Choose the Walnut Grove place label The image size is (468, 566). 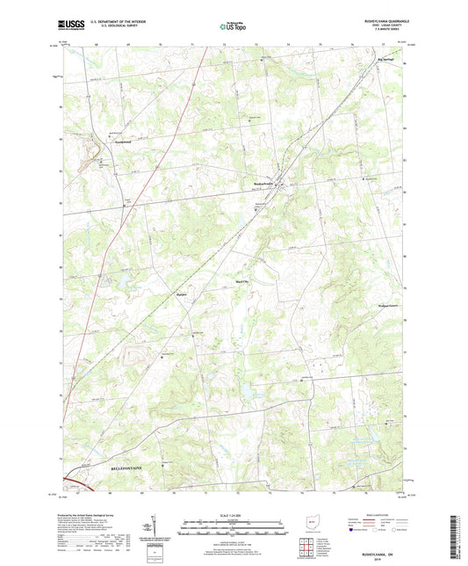[x=378, y=307]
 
